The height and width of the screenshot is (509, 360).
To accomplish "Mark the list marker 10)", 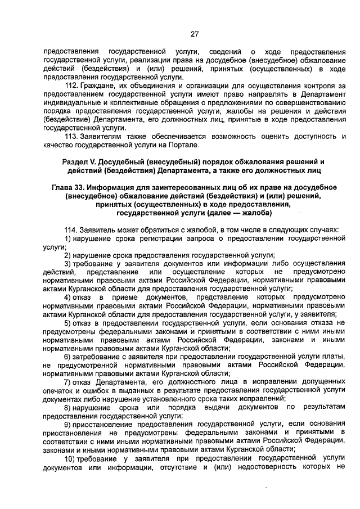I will pyautogui.click(x=70, y=458).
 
